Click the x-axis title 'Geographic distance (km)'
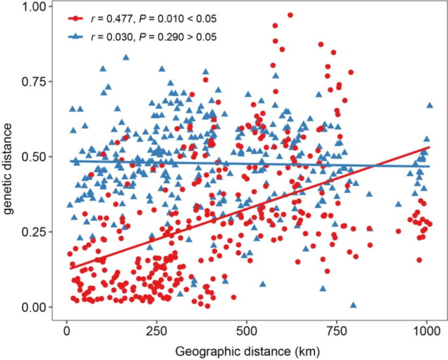[x=246, y=350]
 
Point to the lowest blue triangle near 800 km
[x=354, y=305]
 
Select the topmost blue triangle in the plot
[x=126, y=58]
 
